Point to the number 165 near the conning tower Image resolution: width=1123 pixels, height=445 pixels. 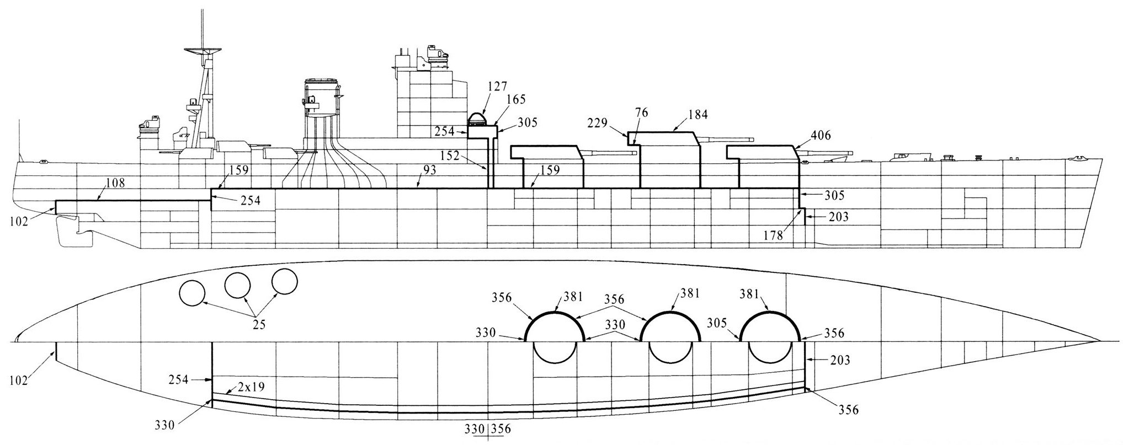[515, 100]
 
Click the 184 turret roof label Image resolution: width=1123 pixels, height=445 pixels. [697, 114]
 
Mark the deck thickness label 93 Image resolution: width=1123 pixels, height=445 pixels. [430, 171]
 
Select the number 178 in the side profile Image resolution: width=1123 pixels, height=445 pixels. [774, 235]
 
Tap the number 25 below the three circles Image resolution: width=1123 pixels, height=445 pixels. [259, 325]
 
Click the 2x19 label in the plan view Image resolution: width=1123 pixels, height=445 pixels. [251, 387]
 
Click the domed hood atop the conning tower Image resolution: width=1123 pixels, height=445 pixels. [478, 119]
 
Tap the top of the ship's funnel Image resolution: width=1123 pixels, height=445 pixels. [321, 82]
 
